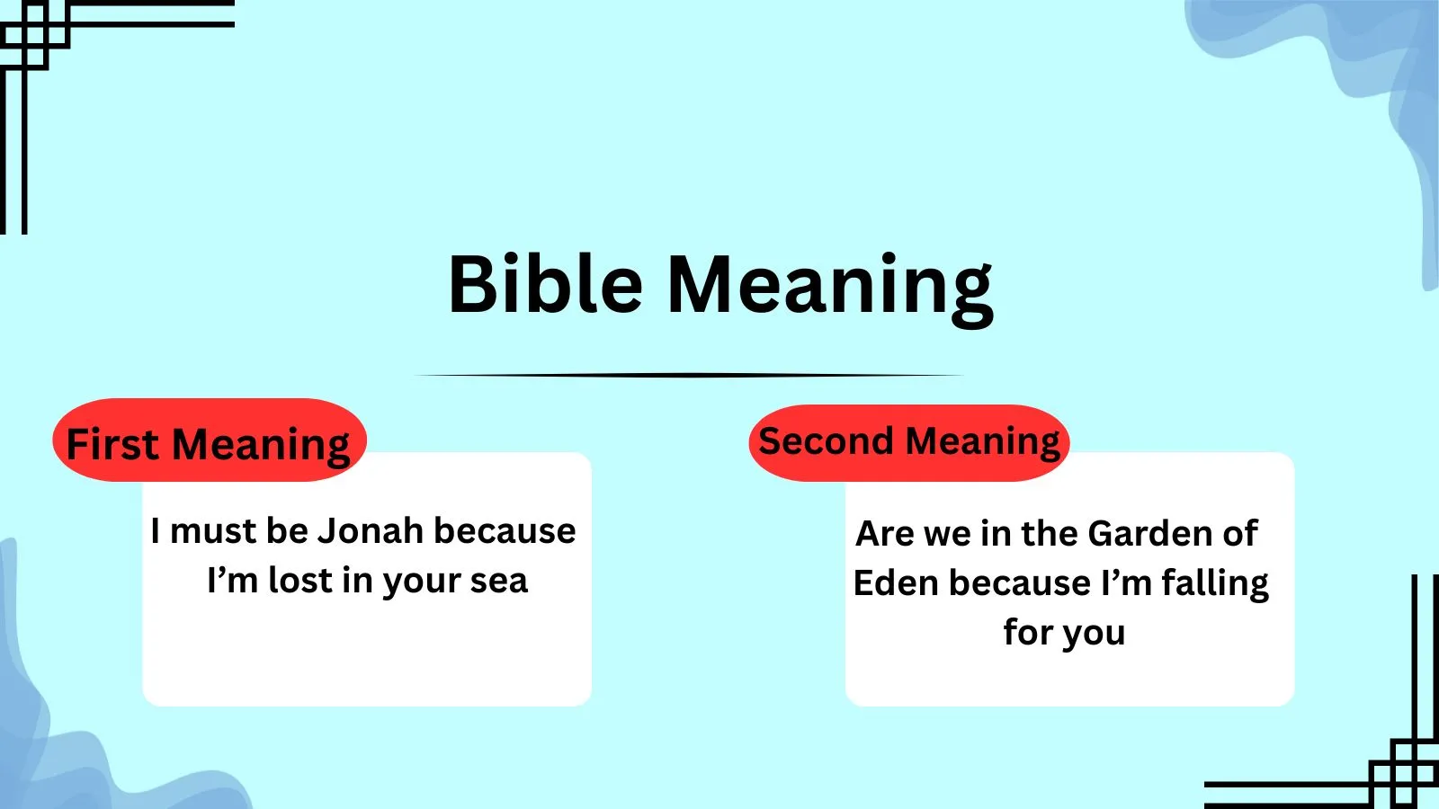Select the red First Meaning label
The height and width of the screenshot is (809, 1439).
(x=209, y=443)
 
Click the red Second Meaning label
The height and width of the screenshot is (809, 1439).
(x=908, y=441)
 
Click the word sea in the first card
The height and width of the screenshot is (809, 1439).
(x=498, y=581)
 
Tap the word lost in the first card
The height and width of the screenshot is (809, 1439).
(x=300, y=581)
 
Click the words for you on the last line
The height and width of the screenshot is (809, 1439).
(x=1064, y=633)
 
